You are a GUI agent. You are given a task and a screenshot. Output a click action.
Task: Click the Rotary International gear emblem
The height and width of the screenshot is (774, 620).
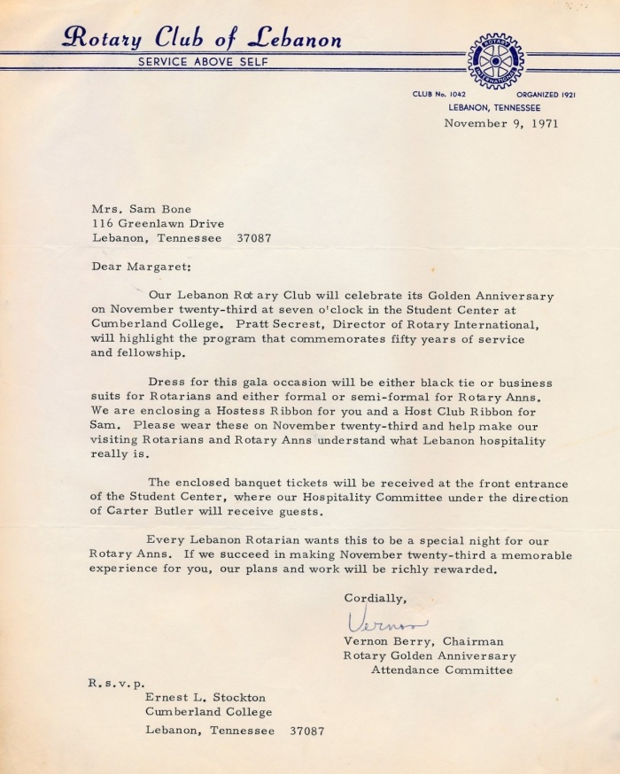[x=495, y=60]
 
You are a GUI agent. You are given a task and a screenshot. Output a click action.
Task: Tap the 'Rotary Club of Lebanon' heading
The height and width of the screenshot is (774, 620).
[x=201, y=38]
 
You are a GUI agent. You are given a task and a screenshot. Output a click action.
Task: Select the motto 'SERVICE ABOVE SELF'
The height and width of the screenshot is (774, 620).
[x=201, y=61]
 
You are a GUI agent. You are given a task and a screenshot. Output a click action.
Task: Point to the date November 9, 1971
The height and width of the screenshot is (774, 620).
[x=502, y=123]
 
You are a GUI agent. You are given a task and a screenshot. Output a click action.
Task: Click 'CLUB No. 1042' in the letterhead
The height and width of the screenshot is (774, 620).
[x=438, y=95]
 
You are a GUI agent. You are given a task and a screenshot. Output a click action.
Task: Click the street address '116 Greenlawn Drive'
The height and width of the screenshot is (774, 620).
[x=158, y=223]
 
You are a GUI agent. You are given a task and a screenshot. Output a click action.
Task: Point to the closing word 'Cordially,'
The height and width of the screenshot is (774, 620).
[x=376, y=598]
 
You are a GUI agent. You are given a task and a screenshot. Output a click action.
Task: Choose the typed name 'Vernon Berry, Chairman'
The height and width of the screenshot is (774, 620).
[x=423, y=641]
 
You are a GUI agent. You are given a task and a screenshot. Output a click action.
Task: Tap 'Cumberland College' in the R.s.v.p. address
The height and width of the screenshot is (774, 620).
[x=209, y=712]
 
